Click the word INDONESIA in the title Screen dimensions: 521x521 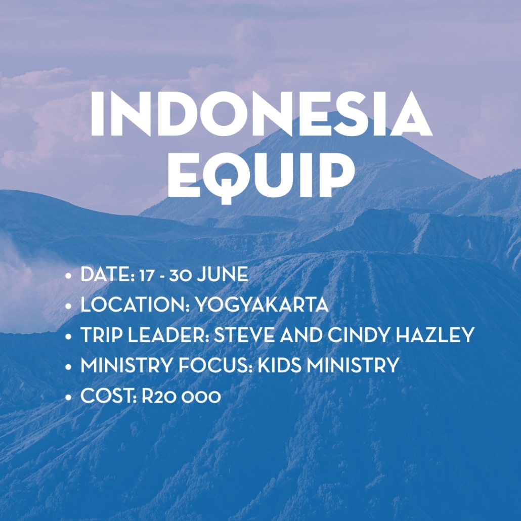[261, 113]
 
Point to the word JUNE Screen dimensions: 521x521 [222, 275]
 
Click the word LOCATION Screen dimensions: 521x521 [135, 305]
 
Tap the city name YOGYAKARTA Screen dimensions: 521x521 [262, 305]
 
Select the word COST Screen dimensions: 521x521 [108, 396]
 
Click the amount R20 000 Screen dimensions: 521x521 [182, 396]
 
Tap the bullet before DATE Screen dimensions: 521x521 [68, 276]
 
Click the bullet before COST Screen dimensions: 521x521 [68, 397]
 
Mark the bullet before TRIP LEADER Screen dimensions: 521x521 [68, 336]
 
